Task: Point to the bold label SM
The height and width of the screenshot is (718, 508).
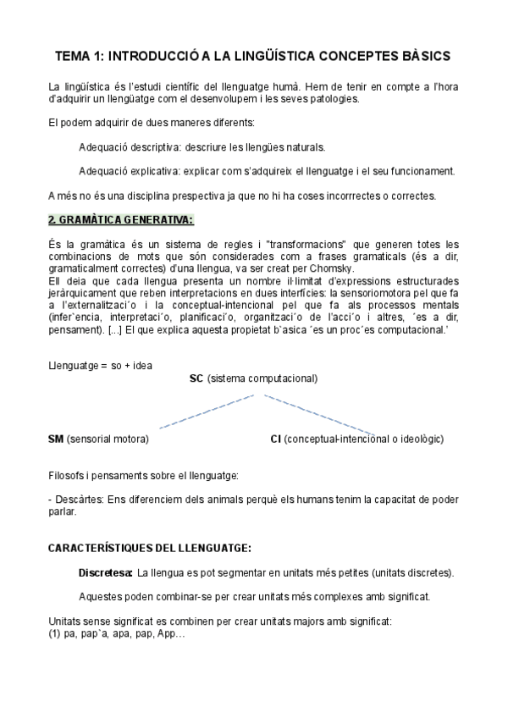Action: pyautogui.click(x=56, y=439)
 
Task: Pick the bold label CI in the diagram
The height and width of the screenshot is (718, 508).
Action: pyautogui.click(x=275, y=439)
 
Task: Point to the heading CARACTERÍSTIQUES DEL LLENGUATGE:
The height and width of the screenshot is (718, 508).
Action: pyautogui.click(x=149, y=548)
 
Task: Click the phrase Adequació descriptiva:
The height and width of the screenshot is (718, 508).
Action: pyautogui.click(x=130, y=147)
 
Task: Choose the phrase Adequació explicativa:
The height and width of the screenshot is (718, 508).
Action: pyautogui.click(x=129, y=171)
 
